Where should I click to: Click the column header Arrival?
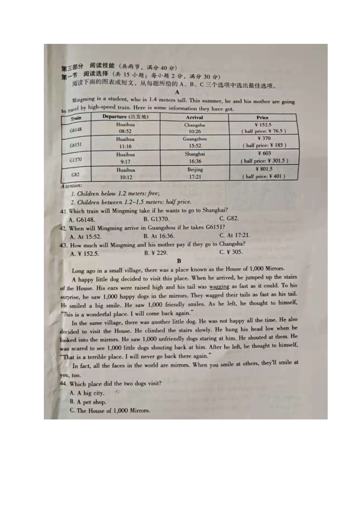pos(194,117)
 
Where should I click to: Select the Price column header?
pos(262,117)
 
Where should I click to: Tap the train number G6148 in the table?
pos(76,130)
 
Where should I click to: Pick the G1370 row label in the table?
pos(76,160)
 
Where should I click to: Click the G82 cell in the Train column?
pos(75,175)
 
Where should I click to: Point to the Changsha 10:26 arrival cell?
pos(194,128)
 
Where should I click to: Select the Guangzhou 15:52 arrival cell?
pos(195,142)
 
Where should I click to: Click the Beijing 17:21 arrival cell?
pos(195,173)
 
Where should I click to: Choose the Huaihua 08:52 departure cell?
pos(125,128)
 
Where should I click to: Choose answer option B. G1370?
pos(156,219)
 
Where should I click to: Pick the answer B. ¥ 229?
pos(156,253)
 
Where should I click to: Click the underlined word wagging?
pos(219,286)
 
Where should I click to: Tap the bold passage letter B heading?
pos(179,261)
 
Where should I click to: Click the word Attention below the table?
pos(71,186)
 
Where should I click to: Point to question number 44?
pos(64,384)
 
